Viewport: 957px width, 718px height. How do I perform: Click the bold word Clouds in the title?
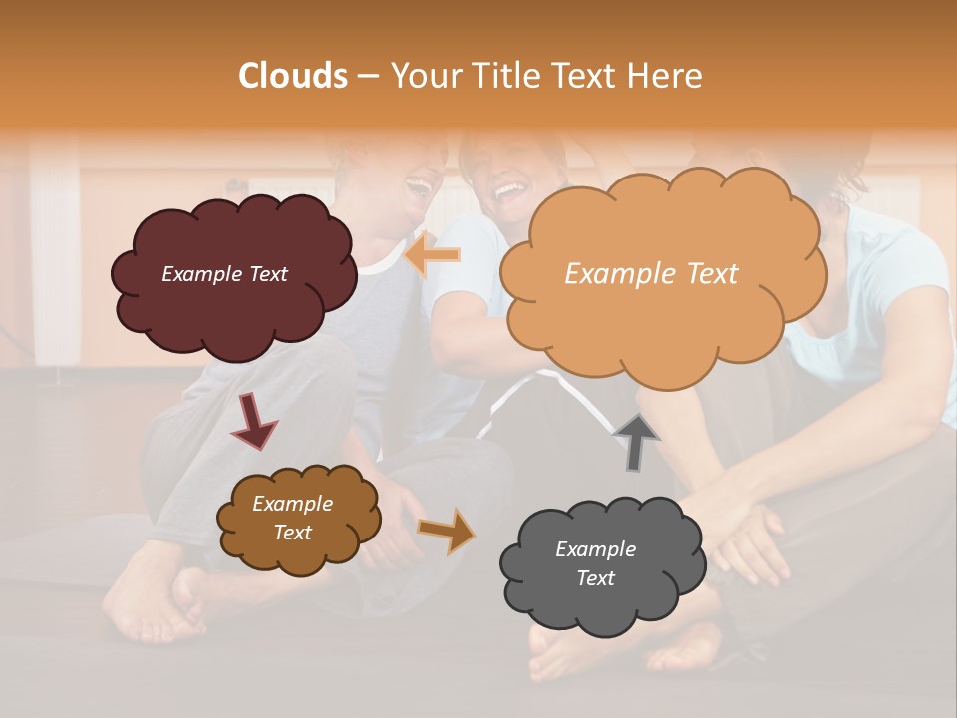point(293,76)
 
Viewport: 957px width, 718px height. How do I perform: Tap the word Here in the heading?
point(668,76)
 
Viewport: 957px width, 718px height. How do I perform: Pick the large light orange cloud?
point(662,319)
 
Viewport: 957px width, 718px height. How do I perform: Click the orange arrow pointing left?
point(433,255)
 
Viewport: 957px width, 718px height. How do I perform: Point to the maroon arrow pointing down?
point(253,421)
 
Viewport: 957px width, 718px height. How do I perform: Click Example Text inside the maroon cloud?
point(224,274)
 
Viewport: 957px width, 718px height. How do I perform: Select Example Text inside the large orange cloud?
point(651,274)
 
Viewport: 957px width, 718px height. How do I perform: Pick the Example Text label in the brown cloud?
point(292,518)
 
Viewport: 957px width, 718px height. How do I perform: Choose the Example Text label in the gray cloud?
point(595,563)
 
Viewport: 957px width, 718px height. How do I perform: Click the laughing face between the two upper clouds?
point(504,179)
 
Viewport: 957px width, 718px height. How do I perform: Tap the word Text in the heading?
point(585,76)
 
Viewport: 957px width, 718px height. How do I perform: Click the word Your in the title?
point(423,76)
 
